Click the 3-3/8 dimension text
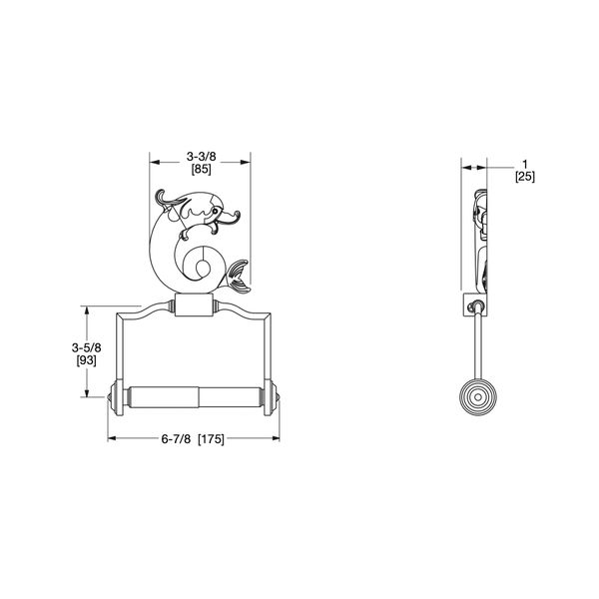pos(200,157)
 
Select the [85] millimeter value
pos(200,170)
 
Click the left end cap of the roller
pos(114,397)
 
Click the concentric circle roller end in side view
pos(477,397)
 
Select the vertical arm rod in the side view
pos(477,344)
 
